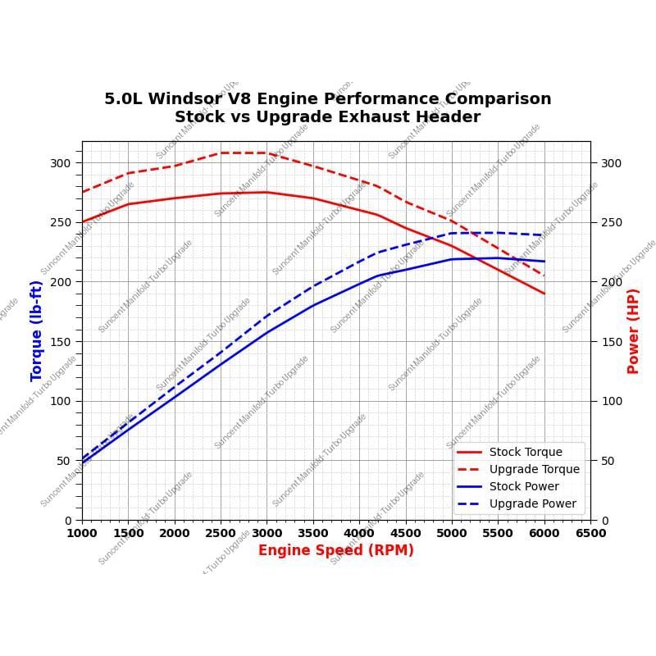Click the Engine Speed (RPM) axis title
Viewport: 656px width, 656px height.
click(335, 550)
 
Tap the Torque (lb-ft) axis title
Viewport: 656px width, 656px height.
click(37, 330)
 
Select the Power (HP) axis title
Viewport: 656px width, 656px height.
click(633, 330)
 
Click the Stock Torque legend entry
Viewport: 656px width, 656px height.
click(526, 452)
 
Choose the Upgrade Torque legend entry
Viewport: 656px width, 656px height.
click(534, 469)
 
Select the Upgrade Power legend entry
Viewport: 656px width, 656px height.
click(533, 503)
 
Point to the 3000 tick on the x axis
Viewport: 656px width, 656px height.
click(266, 533)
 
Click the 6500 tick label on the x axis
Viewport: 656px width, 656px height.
click(590, 533)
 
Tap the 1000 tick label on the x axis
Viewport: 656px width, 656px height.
click(82, 533)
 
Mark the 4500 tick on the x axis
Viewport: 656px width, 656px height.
click(405, 533)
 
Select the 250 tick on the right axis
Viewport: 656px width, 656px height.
click(611, 222)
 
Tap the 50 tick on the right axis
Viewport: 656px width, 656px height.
click(608, 461)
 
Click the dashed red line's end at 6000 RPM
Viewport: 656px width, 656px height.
click(544, 276)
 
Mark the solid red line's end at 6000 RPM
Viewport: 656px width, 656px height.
click(544, 294)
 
